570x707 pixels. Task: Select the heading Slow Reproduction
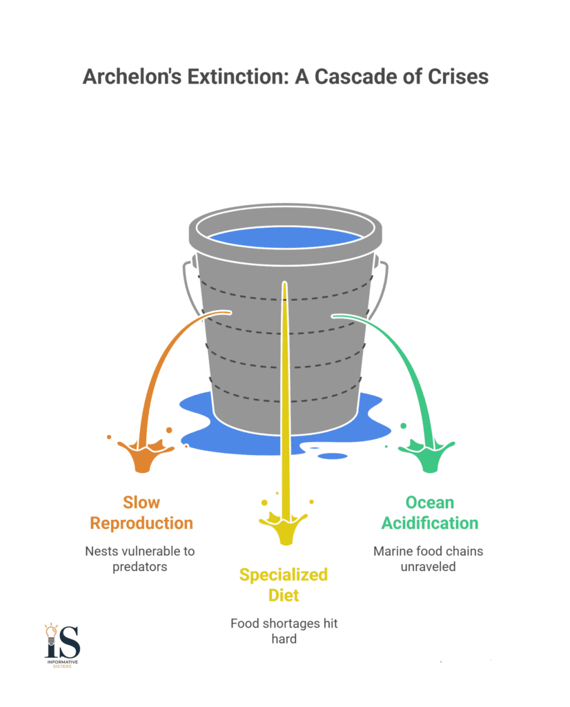pos(141,513)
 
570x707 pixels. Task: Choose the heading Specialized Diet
pos(284,584)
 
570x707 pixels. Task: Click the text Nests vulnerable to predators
pos(140,559)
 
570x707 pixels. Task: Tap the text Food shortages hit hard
pos(284,631)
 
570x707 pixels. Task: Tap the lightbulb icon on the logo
pos(51,630)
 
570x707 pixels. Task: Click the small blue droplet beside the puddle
pos(334,456)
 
